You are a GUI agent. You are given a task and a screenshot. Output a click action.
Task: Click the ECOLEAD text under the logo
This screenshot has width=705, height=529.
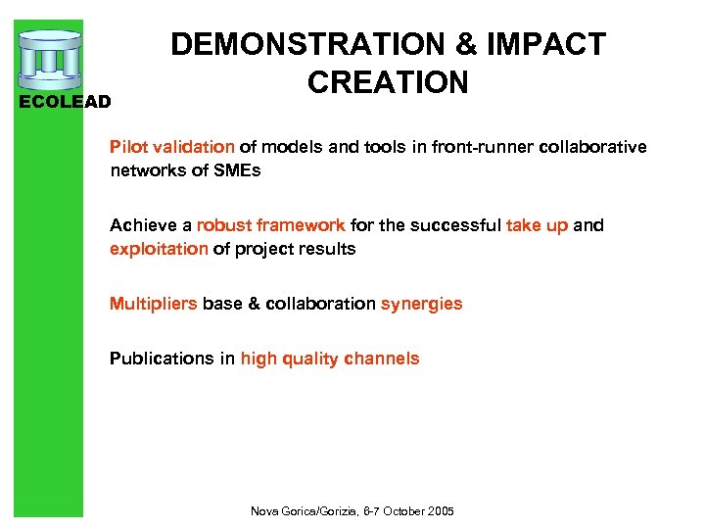(66, 101)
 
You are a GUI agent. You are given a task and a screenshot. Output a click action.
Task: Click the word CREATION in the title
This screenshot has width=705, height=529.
(388, 82)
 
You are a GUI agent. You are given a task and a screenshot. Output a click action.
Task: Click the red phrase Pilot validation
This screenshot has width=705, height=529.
(171, 147)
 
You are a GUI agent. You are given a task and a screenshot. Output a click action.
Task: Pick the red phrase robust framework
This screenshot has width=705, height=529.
(270, 225)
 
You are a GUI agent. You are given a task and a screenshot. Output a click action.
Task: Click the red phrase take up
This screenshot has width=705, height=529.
(537, 225)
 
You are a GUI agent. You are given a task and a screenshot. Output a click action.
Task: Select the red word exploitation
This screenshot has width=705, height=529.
(159, 249)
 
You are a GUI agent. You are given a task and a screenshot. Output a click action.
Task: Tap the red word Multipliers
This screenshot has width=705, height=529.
(153, 304)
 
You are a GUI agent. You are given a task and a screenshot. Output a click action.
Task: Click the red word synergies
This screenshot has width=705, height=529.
(421, 304)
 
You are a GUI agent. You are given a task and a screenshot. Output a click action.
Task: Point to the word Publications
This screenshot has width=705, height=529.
(162, 359)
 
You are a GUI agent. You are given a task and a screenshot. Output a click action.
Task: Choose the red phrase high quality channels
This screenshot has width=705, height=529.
(329, 359)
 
